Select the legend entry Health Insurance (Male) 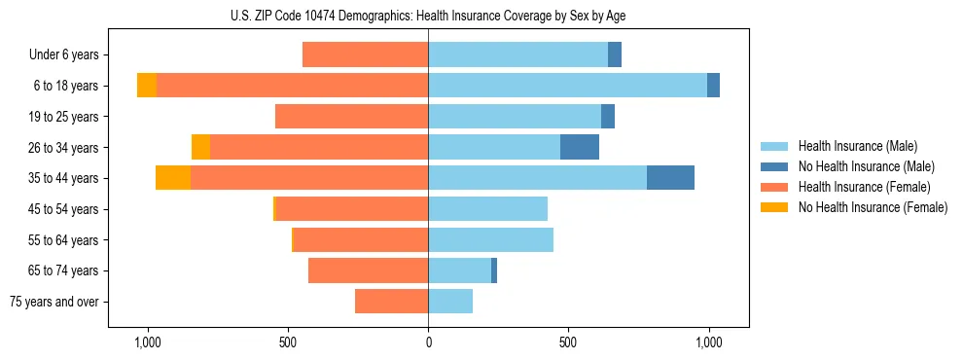pyautogui.click(x=856, y=146)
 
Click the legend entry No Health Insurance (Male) pyautogui.click(x=866, y=166)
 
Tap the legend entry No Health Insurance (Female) pyautogui.click(x=873, y=207)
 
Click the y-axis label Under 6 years pyautogui.click(x=69, y=55)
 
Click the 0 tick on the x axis pyautogui.click(x=428, y=342)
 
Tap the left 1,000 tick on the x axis pyautogui.click(x=148, y=342)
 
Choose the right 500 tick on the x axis pyautogui.click(x=568, y=342)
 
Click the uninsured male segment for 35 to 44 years pyautogui.click(x=670, y=178)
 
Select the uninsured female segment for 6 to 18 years pyautogui.click(x=147, y=86)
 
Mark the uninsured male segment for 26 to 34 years pyautogui.click(x=580, y=147)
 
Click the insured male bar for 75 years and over pyautogui.click(x=450, y=302)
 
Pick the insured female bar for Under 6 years pyautogui.click(x=366, y=54)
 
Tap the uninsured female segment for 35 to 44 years pyautogui.click(x=173, y=178)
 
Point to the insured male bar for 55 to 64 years pyautogui.click(x=490, y=239)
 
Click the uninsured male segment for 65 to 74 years pyautogui.click(x=494, y=270)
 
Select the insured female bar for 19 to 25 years pyautogui.click(x=352, y=117)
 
